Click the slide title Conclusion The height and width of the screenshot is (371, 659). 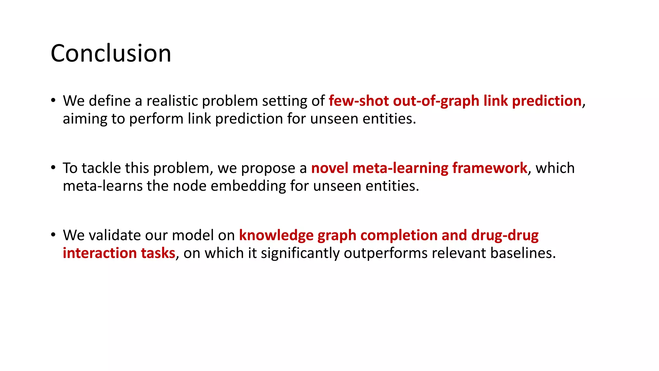(x=111, y=53)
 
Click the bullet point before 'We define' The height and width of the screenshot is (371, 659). (x=53, y=100)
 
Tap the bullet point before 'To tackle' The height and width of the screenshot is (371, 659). (x=53, y=167)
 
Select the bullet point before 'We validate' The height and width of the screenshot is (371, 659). (x=53, y=234)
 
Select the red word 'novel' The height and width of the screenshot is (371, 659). (x=329, y=168)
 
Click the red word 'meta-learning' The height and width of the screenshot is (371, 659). (x=400, y=168)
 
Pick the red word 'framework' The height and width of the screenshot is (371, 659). (x=489, y=168)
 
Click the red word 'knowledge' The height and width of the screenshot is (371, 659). (x=276, y=235)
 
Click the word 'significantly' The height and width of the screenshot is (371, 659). (x=300, y=253)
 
